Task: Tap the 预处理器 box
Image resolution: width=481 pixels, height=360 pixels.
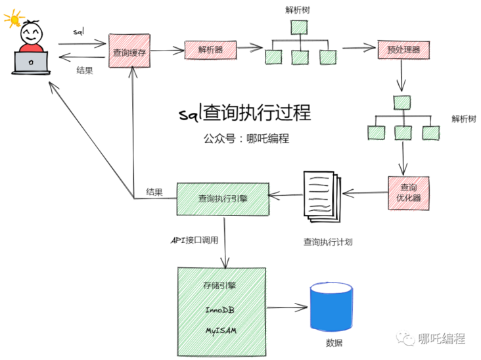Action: coord(403,49)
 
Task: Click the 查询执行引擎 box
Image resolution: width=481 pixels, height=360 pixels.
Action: coord(223,198)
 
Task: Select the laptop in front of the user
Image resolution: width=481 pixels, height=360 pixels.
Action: coord(30,64)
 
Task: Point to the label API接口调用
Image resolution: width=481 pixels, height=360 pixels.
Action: coord(194,240)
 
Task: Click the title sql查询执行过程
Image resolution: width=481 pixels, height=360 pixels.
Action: coord(245,112)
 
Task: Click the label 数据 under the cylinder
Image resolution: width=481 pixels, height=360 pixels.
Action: coord(334,344)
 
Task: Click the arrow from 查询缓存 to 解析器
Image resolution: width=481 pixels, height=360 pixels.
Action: coord(169,49)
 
